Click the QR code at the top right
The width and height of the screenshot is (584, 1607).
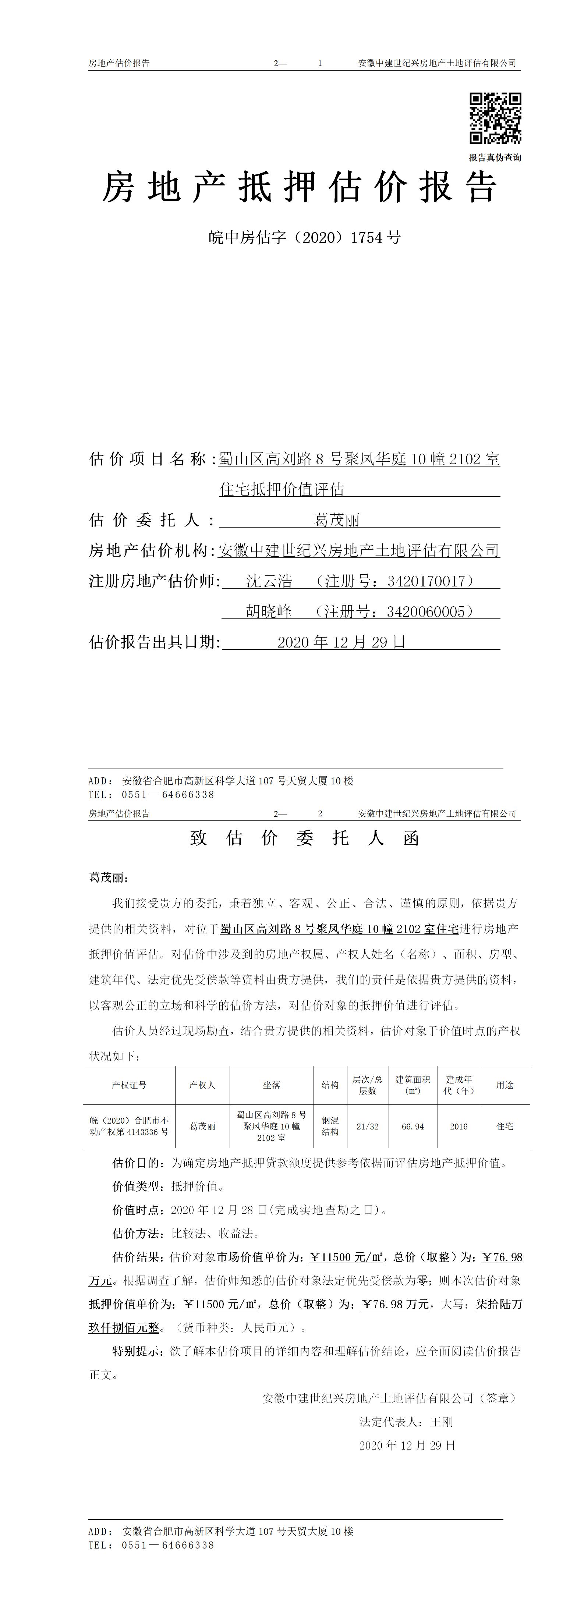point(495,118)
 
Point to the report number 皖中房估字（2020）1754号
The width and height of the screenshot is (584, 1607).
point(304,238)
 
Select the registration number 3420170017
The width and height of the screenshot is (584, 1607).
point(426,581)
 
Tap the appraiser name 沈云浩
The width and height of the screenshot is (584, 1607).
point(269,581)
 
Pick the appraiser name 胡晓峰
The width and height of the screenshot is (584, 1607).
point(269,612)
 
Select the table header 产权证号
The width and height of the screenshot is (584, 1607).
point(129,1085)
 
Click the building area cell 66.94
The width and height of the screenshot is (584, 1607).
point(413,1126)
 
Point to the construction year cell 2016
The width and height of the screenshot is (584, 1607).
point(459,1126)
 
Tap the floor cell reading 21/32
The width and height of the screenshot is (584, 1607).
point(368,1126)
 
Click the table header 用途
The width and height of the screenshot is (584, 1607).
point(505,1085)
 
